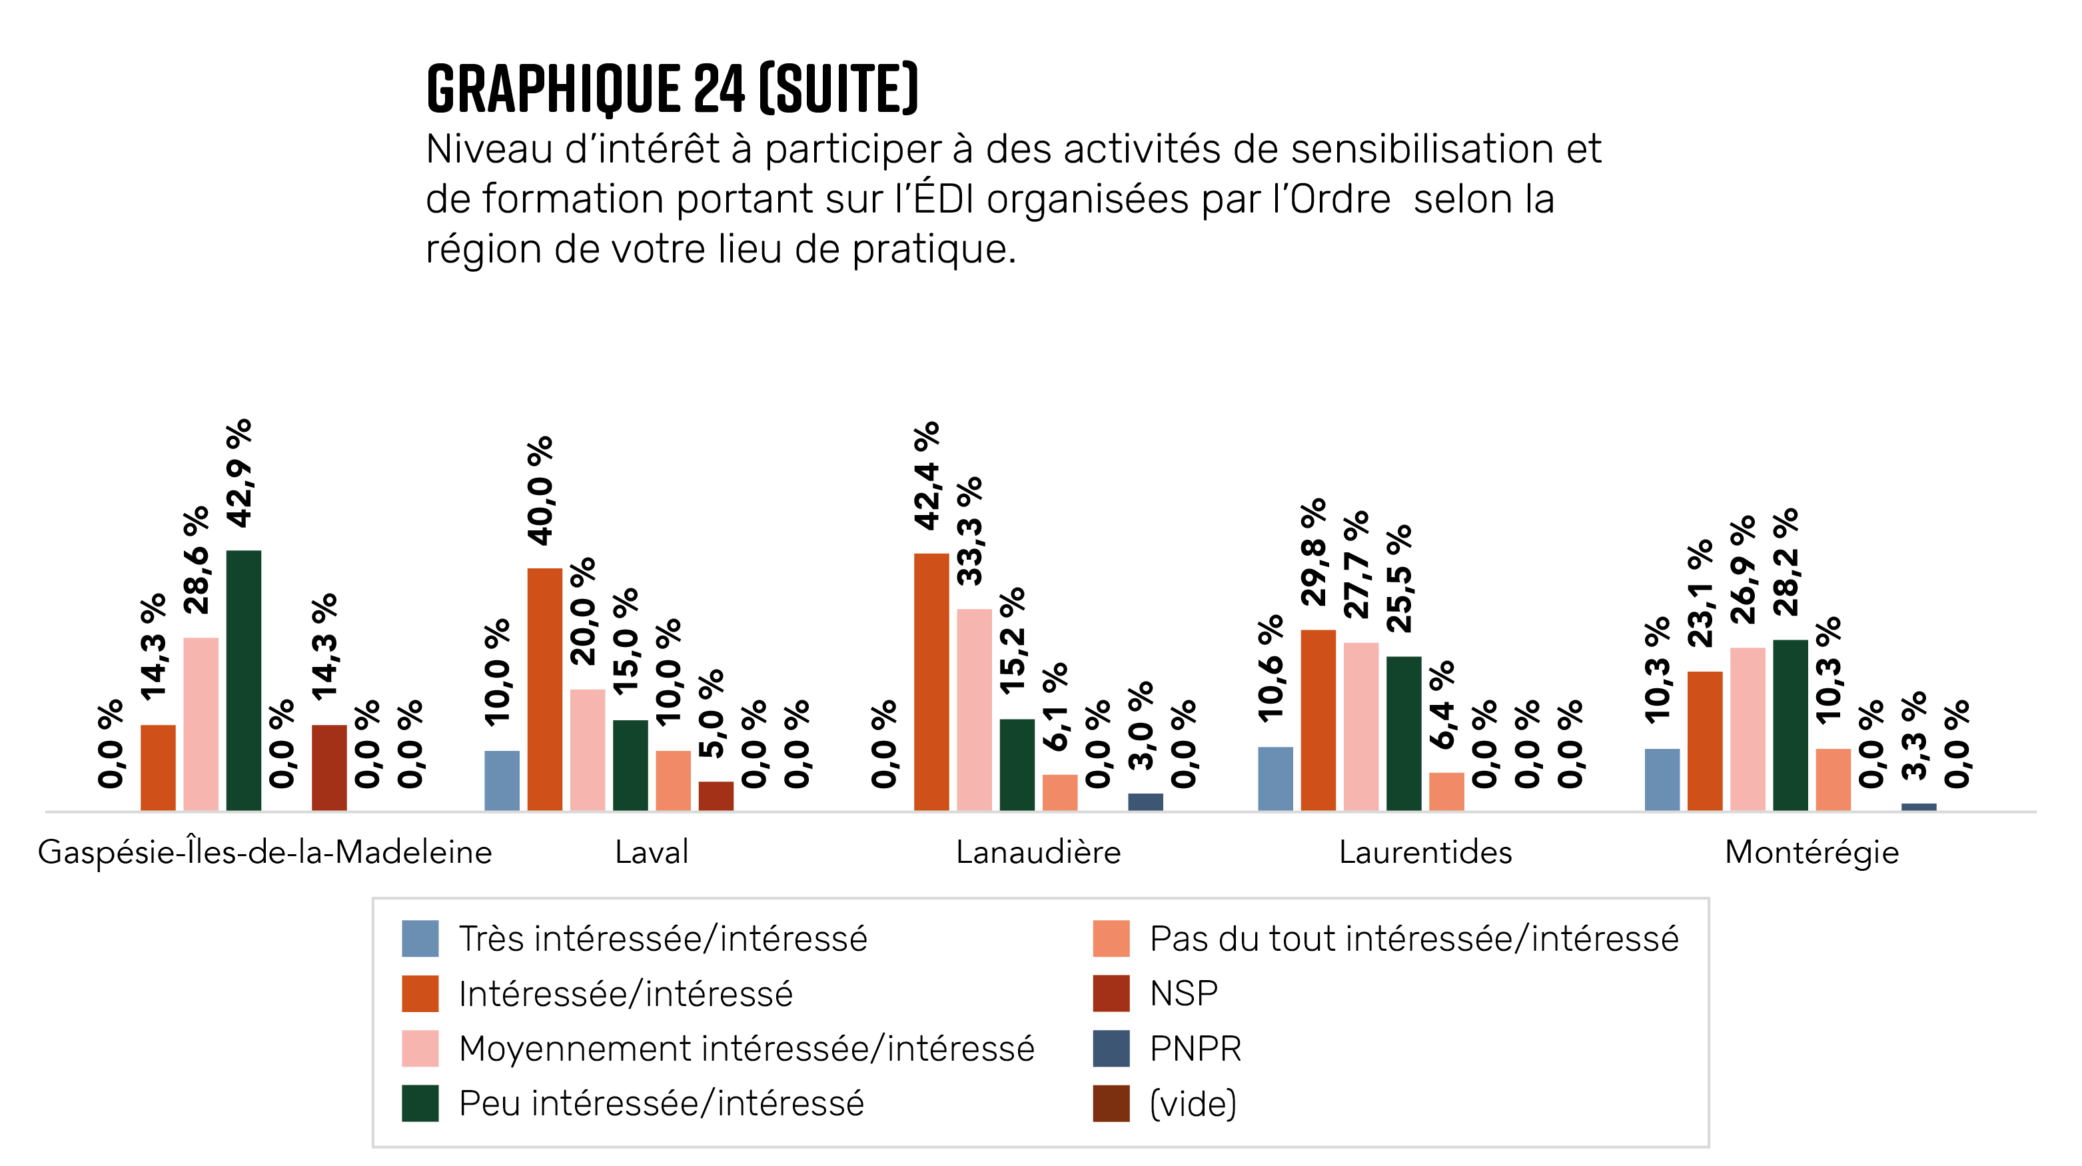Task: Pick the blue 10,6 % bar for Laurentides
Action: tap(1275, 778)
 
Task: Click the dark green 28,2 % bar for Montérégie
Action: tap(1790, 725)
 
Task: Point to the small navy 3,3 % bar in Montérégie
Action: tap(1919, 806)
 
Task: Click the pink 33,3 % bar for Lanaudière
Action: tap(974, 709)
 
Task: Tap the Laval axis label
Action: tap(652, 852)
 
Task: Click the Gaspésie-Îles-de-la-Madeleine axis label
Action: tap(265, 852)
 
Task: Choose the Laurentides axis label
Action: tap(1425, 852)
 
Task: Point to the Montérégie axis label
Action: tap(1812, 852)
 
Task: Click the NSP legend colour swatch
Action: tap(1111, 993)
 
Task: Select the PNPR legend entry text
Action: tap(1195, 1048)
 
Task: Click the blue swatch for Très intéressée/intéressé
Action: tap(420, 938)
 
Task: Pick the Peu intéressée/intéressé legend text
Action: tap(661, 1103)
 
